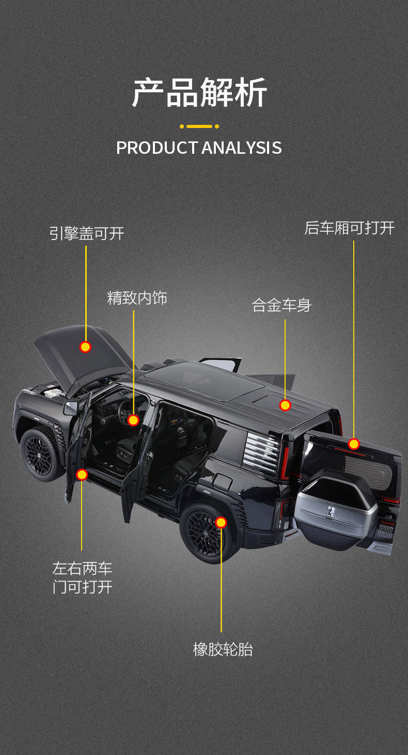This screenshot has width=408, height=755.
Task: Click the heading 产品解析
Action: click(199, 93)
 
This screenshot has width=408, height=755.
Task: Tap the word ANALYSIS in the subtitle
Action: click(241, 148)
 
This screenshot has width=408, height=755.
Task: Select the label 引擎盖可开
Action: click(87, 233)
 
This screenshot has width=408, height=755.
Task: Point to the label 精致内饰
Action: click(137, 298)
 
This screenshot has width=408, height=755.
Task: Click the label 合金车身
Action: click(281, 305)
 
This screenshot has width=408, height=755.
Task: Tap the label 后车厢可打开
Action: click(349, 228)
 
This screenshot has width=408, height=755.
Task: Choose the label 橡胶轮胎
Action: click(223, 649)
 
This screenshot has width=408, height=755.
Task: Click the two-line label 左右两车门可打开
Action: click(82, 578)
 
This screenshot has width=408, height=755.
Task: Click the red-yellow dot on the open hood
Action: click(85, 347)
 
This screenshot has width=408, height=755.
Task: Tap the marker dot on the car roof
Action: click(285, 405)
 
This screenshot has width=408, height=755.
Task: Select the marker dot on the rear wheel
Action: click(221, 522)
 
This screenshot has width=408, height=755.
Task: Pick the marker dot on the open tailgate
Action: click(354, 444)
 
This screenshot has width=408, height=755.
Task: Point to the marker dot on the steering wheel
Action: click(133, 420)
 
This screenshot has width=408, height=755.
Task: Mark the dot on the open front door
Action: click(82, 475)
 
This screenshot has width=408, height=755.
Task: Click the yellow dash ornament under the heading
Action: click(199, 126)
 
